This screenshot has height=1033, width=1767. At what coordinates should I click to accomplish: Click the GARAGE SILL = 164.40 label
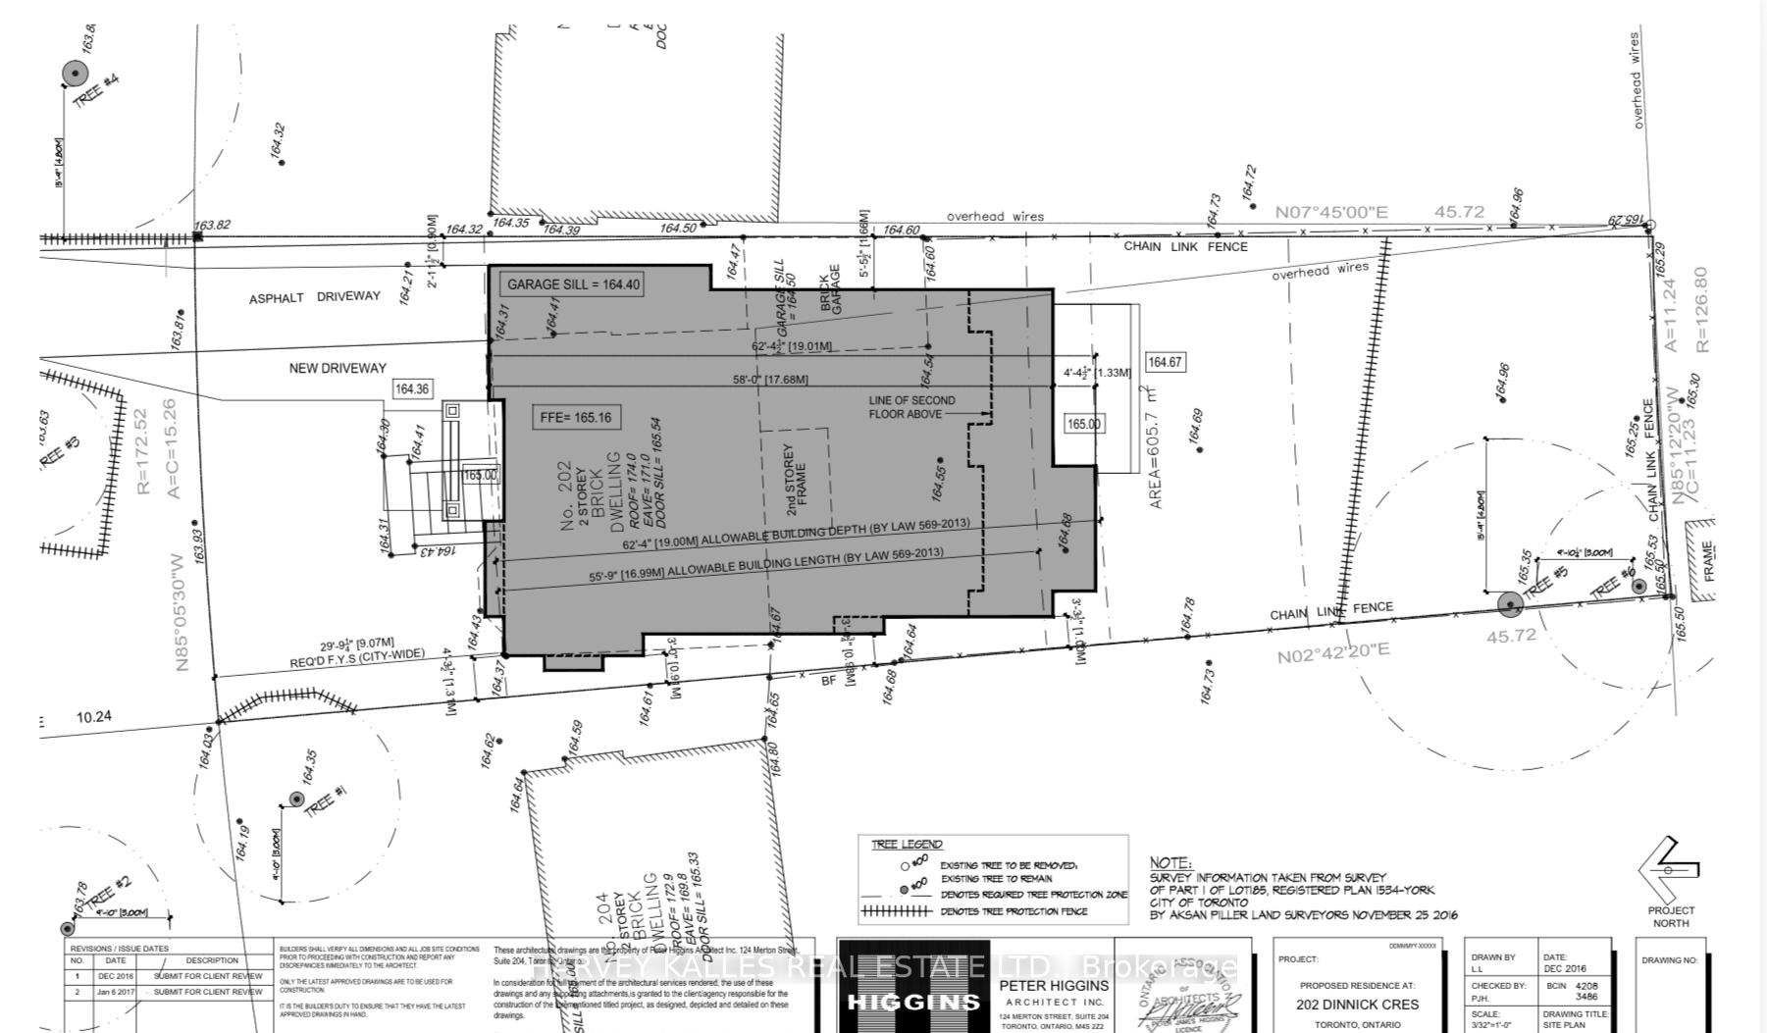click(573, 284)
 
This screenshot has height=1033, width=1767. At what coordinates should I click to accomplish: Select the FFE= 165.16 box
click(576, 417)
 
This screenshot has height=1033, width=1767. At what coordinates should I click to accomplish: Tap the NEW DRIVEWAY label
click(338, 368)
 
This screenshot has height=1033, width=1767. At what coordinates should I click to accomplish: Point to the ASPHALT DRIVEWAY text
click(314, 296)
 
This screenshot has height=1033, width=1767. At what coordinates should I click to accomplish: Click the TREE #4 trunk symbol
click(76, 73)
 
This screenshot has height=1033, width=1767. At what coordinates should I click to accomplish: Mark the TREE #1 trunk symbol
click(295, 800)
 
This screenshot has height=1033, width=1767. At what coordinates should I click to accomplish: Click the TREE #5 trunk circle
click(1510, 604)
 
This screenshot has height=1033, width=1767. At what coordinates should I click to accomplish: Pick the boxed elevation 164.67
click(1165, 362)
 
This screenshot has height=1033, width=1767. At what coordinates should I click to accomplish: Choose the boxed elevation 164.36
click(411, 389)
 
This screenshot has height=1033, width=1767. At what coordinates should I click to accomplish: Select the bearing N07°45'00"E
click(1331, 212)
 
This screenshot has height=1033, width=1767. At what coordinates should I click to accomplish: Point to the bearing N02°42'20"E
click(1333, 651)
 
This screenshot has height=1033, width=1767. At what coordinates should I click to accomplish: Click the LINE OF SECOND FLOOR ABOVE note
click(911, 407)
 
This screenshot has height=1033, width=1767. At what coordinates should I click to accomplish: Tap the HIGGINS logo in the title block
click(912, 1002)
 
